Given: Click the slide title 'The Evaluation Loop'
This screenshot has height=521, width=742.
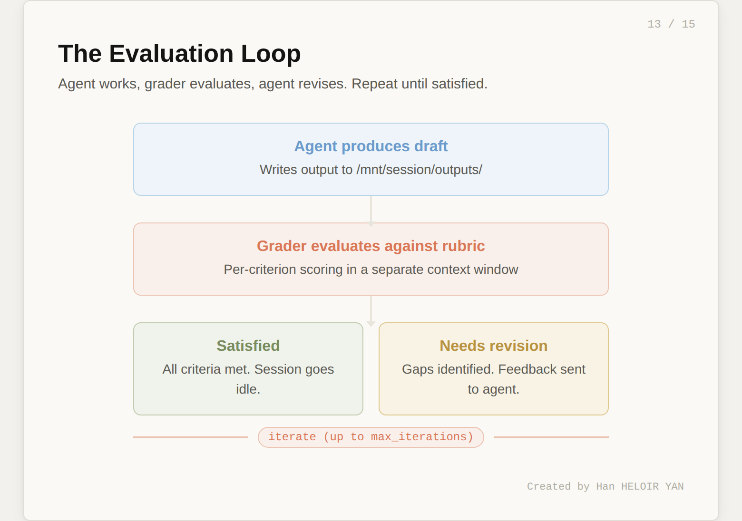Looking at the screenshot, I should (179, 54).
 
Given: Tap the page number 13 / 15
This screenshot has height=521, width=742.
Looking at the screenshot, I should (671, 24).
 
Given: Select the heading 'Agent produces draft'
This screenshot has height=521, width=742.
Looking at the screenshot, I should (371, 146).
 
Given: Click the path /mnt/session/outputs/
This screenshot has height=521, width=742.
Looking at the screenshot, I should (419, 170).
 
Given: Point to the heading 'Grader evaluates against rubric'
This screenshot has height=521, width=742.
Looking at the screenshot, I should (371, 246).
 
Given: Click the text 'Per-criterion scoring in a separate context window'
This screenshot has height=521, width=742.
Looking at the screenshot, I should (371, 270).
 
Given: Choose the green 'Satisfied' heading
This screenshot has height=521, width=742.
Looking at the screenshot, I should (248, 346).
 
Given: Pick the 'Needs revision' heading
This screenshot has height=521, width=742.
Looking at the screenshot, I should (493, 346).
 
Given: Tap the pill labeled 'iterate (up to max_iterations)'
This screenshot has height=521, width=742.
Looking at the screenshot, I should (371, 437).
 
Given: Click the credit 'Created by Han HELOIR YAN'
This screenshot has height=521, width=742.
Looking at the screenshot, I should (605, 486).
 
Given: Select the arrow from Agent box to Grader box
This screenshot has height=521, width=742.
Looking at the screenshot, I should (371, 210).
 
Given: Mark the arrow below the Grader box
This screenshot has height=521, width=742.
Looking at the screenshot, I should (371, 310).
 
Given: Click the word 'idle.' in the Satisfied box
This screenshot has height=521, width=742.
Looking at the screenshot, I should (248, 389).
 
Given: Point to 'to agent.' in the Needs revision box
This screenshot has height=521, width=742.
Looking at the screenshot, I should (493, 389).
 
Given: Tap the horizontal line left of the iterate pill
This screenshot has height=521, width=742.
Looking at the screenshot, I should (190, 437).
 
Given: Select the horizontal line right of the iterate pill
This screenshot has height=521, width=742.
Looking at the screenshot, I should (551, 437).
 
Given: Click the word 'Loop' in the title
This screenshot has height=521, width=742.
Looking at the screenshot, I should (271, 54).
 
